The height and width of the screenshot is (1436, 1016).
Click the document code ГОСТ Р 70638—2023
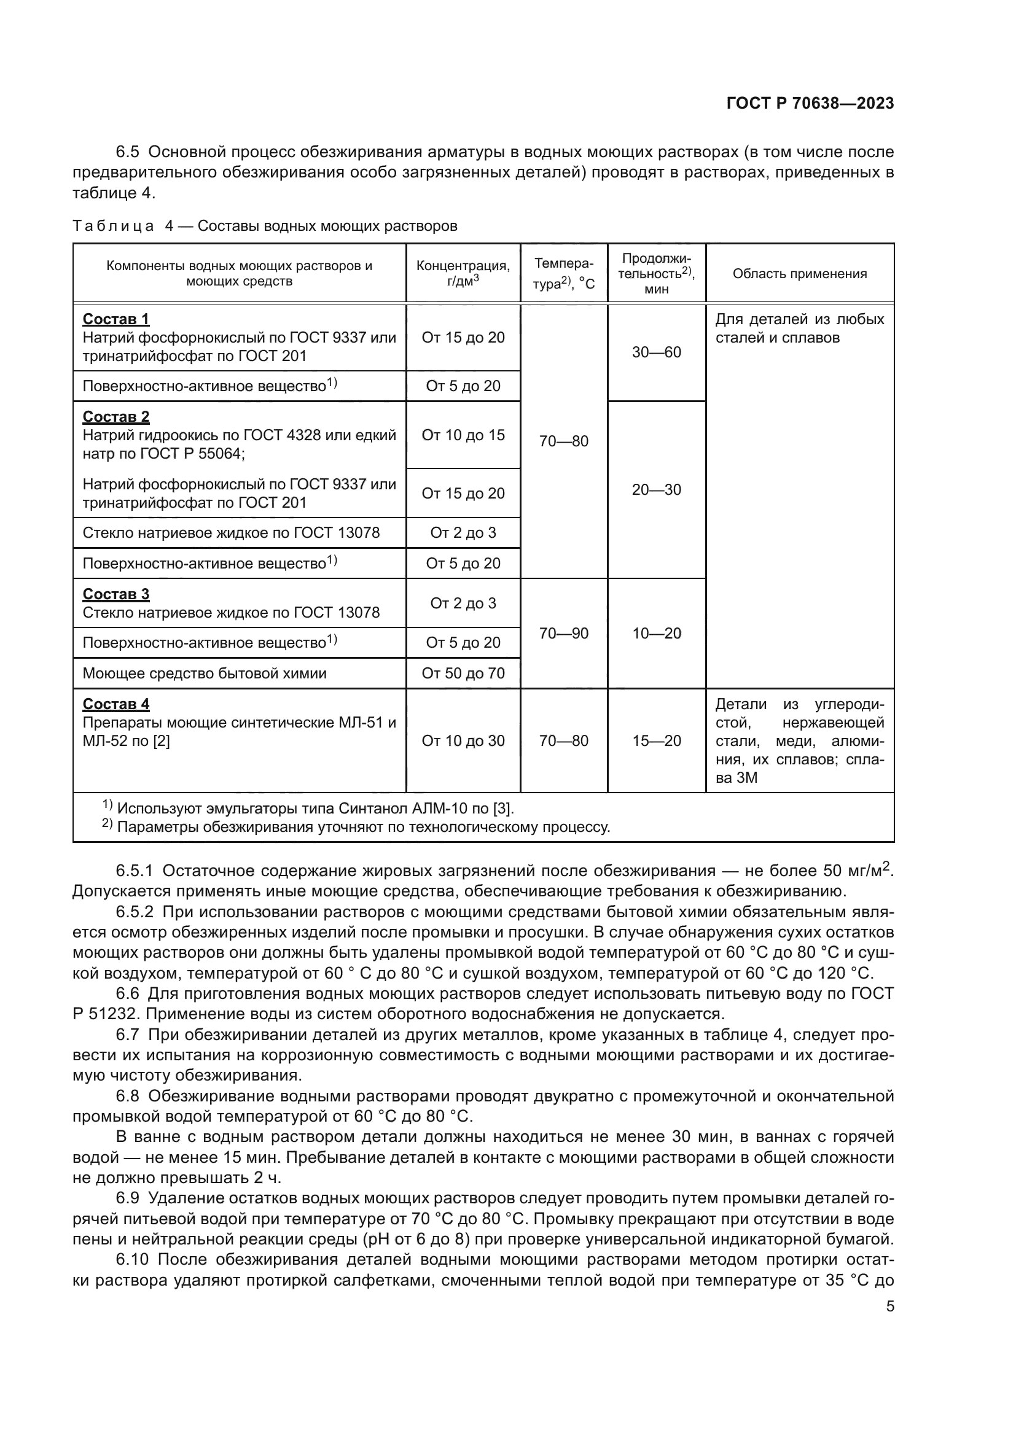point(810,104)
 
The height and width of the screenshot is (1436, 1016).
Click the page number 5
point(889,1306)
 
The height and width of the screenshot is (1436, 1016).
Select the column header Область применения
point(800,273)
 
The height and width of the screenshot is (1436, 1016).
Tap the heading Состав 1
point(115,319)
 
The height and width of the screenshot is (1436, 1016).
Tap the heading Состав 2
point(115,416)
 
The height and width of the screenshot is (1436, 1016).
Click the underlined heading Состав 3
point(115,594)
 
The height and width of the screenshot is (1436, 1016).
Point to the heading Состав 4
point(115,704)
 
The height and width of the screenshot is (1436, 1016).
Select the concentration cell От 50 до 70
point(463,673)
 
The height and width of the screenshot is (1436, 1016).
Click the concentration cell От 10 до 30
point(463,740)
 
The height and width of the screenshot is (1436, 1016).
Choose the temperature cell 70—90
point(564,634)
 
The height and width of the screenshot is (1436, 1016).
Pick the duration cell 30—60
point(656,352)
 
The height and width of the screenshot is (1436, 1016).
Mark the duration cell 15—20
point(656,740)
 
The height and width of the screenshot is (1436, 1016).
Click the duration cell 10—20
point(656,634)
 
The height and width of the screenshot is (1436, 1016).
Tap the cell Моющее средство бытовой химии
point(205,673)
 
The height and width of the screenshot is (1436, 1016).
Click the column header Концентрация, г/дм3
point(463,273)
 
